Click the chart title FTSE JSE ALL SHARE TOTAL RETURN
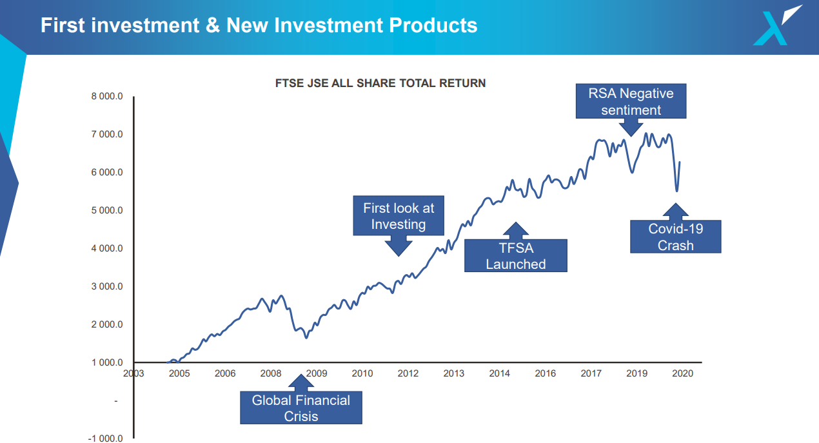(x=380, y=83)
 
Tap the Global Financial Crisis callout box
(x=301, y=408)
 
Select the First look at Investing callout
(x=399, y=216)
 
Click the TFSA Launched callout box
(x=515, y=256)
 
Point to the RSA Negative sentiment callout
(x=631, y=101)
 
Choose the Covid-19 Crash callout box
(x=675, y=237)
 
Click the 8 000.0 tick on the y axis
(x=106, y=97)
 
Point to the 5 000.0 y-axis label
(x=106, y=210)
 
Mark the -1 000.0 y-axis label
(x=104, y=438)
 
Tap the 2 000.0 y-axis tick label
(x=106, y=324)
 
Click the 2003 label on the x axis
(x=133, y=373)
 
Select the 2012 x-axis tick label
(x=408, y=373)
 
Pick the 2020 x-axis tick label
(x=682, y=373)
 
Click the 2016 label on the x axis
(x=545, y=373)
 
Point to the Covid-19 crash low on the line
(x=676, y=191)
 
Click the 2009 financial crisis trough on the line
(x=306, y=337)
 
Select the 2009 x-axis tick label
(x=316, y=373)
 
